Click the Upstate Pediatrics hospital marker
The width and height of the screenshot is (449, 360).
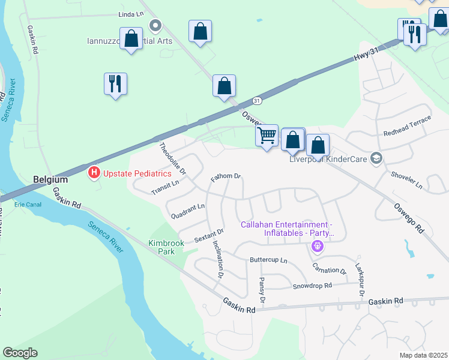pos(94,173)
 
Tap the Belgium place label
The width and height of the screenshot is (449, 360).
pos(50,179)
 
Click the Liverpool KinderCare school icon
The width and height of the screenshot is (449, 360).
pos(376,158)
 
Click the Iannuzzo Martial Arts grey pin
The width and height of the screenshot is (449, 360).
pos(156,26)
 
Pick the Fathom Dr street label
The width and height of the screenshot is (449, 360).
pos(226,178)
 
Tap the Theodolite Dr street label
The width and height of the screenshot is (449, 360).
pos(173,159)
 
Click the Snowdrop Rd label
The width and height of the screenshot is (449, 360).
pos(312,286)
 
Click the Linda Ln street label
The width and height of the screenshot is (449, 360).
pos(131,13)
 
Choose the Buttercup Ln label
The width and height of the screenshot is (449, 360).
pos(268,262)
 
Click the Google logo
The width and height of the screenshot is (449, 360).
pos(20,353)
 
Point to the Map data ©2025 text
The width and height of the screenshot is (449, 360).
pos(423,355)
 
